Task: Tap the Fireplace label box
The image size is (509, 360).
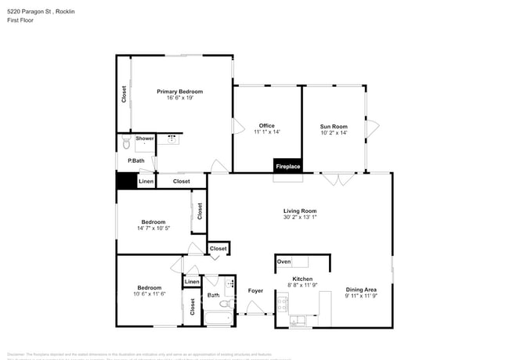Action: (287, 166)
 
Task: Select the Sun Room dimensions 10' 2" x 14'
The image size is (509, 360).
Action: (334, 132)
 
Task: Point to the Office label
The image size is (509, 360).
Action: (266, 126)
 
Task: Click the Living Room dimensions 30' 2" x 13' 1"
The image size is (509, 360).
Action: (300, 218)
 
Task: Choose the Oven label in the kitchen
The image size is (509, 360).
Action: (284, 261)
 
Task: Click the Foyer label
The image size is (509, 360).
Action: (255, 291)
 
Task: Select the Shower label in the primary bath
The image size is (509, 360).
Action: (145, 139)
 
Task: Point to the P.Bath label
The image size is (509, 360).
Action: (136, 160)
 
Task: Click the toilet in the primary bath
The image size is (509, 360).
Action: (125, 143)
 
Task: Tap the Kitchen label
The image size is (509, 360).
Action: (303, 279)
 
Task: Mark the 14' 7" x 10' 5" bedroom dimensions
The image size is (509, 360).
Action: (153, 228)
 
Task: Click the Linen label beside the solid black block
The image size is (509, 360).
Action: (146, 182)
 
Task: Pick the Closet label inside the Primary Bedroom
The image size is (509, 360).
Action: (124, 94)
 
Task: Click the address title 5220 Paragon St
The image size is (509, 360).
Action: (39, 11)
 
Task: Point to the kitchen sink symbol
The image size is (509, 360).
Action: (300, 321)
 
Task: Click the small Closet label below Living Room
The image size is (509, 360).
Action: (218, 249)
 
